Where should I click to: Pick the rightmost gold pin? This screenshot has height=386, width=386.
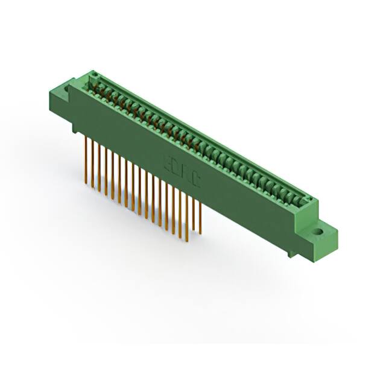click(x=200, y=217)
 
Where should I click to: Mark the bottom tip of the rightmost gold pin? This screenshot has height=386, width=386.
click(x=200, y=234)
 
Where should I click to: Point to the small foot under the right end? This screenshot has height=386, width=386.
click(x=293, y=253)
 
